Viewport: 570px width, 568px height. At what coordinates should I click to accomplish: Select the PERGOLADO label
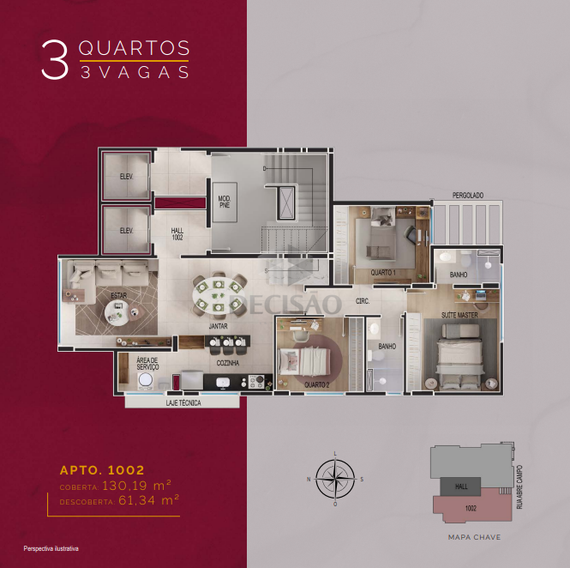click(x=468, y=196)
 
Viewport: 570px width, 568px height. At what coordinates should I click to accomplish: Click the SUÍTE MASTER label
click(x=459, y=315)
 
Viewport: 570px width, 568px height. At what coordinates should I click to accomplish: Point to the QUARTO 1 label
click(x=383, y=273)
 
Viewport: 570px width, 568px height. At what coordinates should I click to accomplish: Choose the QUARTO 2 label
click(x=316, y=384)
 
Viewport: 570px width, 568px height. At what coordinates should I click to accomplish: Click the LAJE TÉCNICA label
click(x=183, y=402)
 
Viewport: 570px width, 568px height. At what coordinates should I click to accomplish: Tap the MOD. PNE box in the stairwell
click(x=225, y=202)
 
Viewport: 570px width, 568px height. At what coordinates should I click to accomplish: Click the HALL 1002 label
click(x=177, y=234)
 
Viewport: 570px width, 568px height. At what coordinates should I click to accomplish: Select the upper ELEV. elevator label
click(x=127, y=177)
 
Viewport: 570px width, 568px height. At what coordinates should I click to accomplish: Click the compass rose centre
click(x=335, y=479)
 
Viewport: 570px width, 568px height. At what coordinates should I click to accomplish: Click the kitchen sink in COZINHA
click(x=222, y=383)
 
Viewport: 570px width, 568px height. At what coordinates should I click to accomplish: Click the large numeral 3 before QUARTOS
click(x=55, y=59)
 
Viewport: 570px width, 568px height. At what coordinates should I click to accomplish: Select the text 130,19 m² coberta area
click(x=136, y=486)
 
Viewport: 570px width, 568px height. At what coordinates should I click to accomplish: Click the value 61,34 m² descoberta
click(x=148, y=500)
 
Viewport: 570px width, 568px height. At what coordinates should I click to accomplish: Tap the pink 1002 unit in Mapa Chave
click(x=472, y=505)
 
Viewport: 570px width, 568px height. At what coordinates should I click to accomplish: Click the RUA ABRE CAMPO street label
click(x=519, y=486)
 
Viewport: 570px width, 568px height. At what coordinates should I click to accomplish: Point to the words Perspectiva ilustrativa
click(x=51, y=548)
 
